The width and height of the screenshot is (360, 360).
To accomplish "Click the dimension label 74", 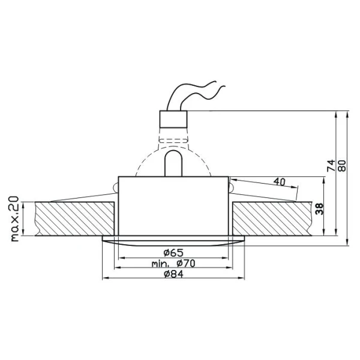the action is pos(331,166).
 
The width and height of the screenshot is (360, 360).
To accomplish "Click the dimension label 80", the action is pos(342,166).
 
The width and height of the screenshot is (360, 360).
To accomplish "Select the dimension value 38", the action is pos(319,209).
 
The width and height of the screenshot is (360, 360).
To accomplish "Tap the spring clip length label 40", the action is pos(280,182).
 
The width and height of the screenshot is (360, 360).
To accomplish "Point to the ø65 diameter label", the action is pos(173,253).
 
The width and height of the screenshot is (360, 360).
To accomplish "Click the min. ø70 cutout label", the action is pos(173,263).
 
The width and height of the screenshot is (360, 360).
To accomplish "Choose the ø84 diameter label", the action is pos(173,274).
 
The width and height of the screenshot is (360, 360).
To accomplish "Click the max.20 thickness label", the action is pos(15,218).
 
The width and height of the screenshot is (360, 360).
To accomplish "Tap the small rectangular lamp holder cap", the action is pos(173,119).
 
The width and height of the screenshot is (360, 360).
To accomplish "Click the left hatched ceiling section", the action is pos(74,219).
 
